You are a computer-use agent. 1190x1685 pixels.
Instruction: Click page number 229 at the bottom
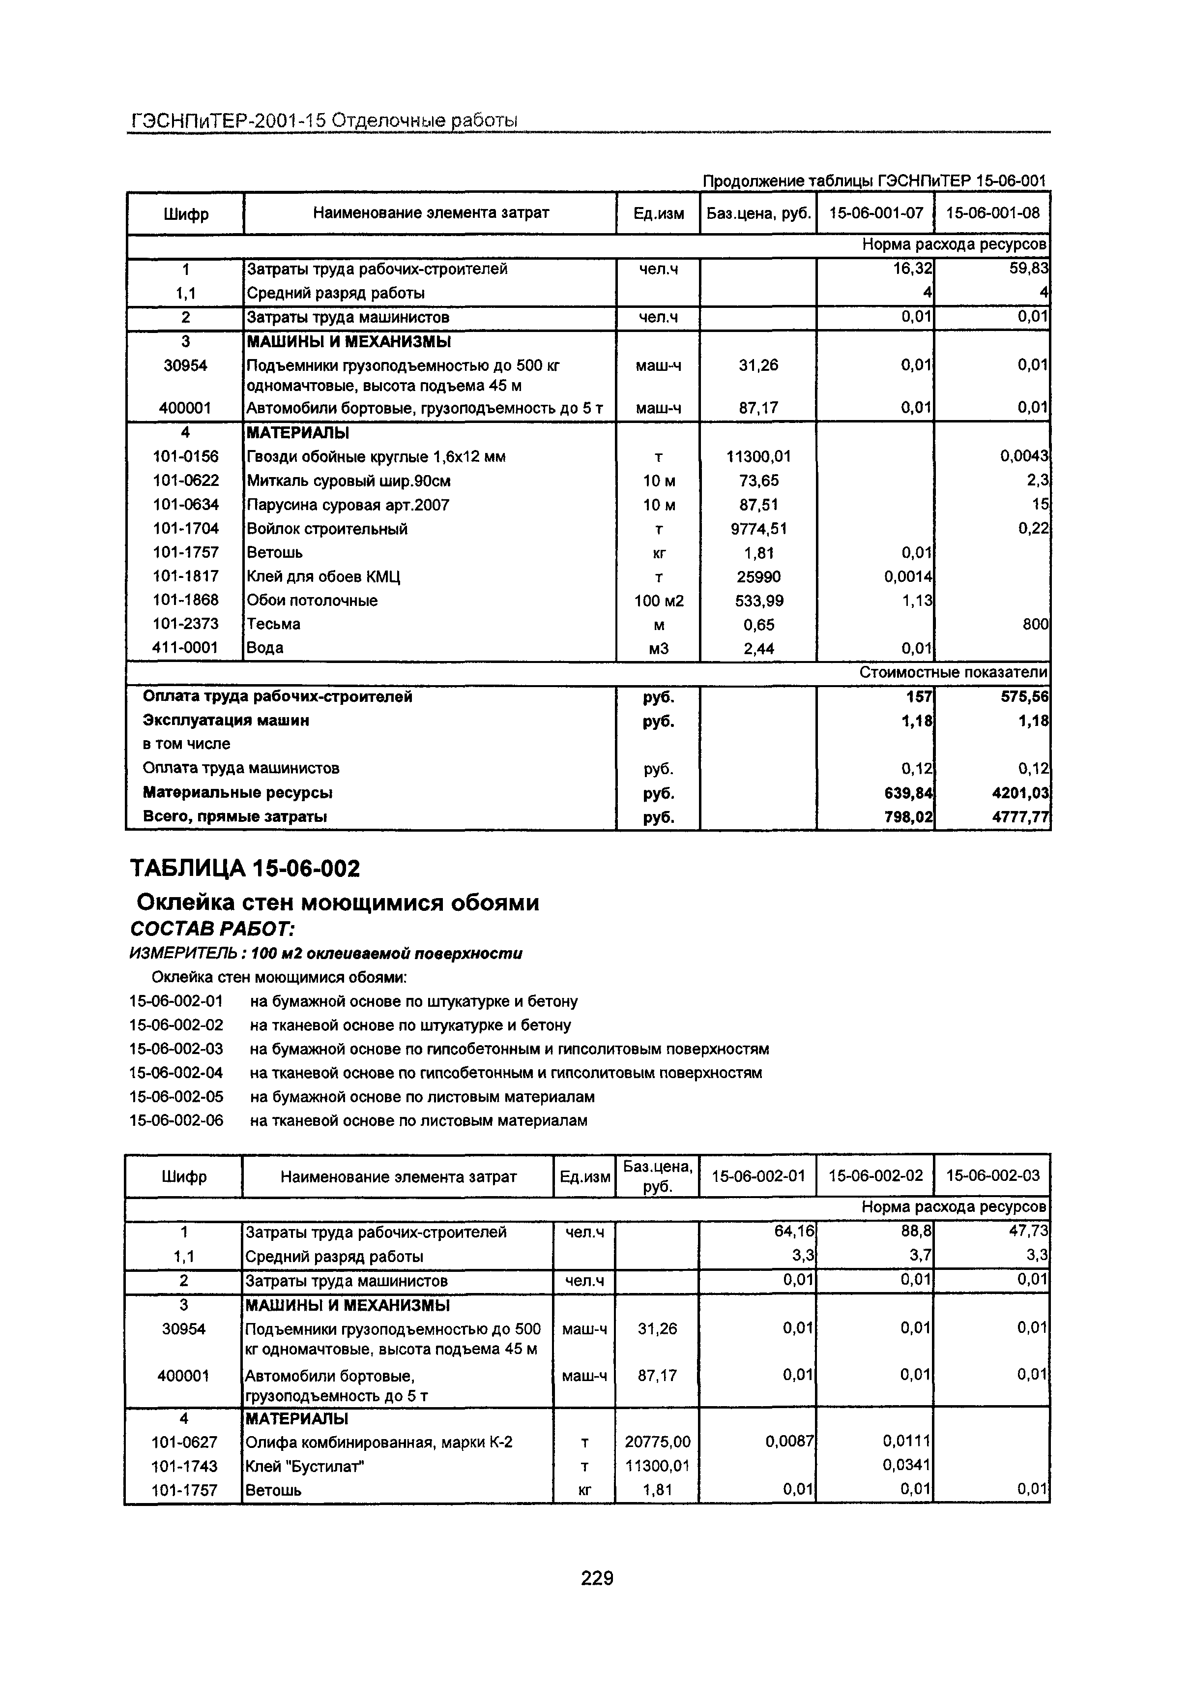[x=596, y=1576]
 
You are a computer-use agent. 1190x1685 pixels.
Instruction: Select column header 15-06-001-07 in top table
[x=875, y=213]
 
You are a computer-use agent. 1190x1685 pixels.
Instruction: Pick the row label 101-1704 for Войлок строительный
[x=186, y=528]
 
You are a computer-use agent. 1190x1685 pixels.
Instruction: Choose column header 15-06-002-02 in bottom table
[x=875, y=1175]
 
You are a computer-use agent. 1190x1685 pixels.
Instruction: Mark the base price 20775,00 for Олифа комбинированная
[x=657, y=1442]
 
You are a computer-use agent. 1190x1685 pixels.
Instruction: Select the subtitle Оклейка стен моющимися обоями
[x=338, y=902]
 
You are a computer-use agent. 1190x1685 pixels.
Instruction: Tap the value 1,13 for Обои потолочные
[x=917, y=601]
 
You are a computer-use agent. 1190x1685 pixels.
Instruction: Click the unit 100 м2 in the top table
[x=658, y=601]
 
